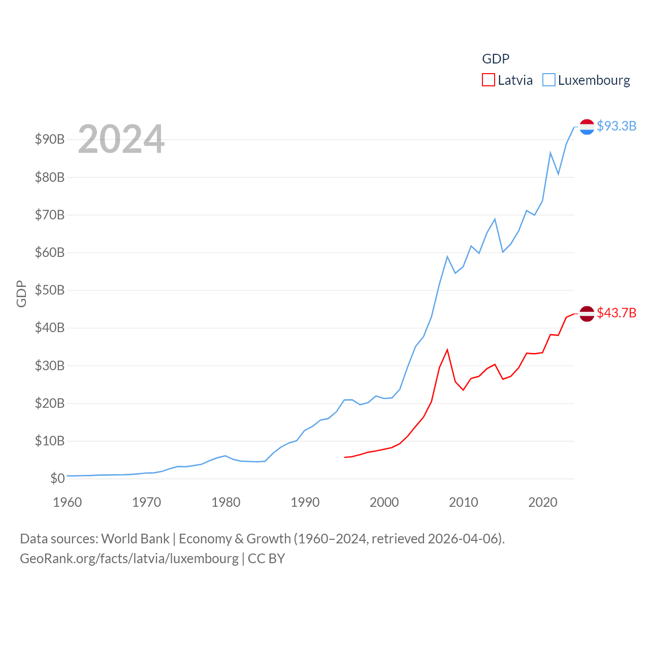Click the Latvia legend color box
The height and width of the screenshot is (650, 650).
(x=488, y=80)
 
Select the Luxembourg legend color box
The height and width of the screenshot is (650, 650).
(x=549, y=80)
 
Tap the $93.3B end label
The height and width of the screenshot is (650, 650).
(x=616, y=126)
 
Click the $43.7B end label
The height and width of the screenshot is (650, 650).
(x=616, y=313)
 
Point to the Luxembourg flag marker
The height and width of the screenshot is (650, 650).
(x=587, y=127)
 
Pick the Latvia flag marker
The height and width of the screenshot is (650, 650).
(x=587, y=314)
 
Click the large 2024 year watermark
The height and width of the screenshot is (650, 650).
(x=121, y=139)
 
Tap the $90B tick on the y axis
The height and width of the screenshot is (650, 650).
(x=50, y=139)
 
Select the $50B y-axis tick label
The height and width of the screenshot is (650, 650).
(x=50, y=290)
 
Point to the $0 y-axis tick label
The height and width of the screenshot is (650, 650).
(x=57, y=478)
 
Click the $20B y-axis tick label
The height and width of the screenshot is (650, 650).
(x=50, y=403)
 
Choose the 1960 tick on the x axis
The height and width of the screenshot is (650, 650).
(x=68, y=502)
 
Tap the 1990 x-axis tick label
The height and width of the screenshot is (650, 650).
(x=305, y=502)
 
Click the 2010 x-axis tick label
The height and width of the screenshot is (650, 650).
(x=464, y=502)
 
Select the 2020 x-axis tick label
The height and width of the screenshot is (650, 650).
(x=543, y=502)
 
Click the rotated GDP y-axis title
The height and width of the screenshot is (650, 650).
(x=21, y=294)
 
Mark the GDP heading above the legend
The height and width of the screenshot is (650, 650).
(x=496, y=59)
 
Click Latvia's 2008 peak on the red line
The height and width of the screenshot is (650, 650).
(x=447, y=350)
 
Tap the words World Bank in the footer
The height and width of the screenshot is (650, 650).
(x=135, y=538)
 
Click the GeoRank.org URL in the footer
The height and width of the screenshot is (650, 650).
(x=129, y=559)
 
